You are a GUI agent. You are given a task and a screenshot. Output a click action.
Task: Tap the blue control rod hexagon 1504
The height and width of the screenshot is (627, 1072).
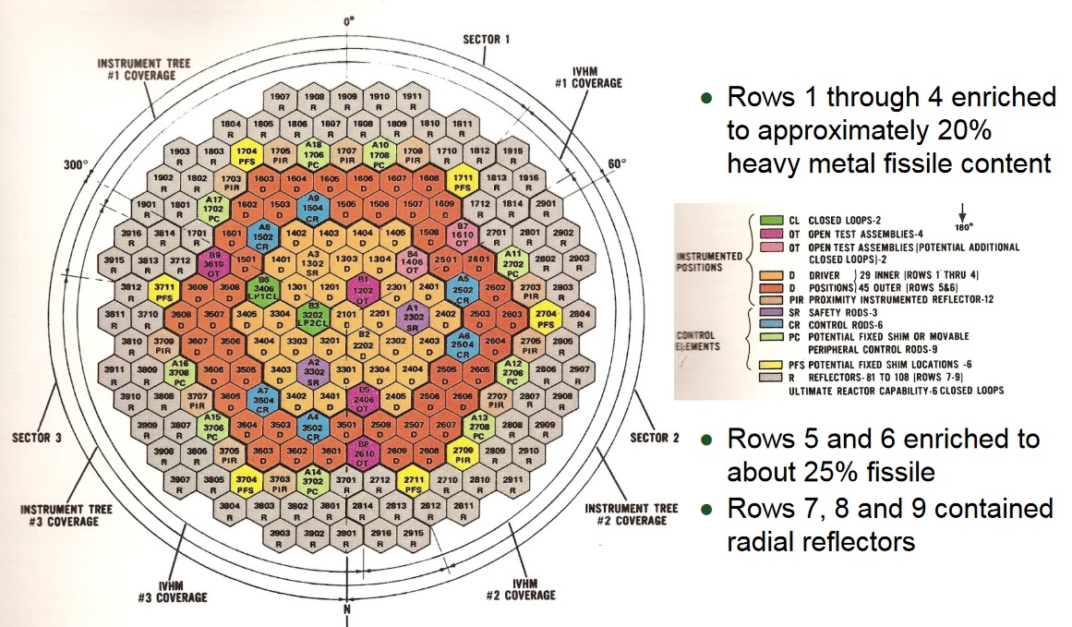(313, 203)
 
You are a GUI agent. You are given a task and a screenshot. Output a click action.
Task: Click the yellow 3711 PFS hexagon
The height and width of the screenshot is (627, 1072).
(163, 289)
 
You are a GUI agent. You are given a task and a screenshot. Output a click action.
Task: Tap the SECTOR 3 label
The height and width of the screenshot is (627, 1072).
(36, 437)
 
